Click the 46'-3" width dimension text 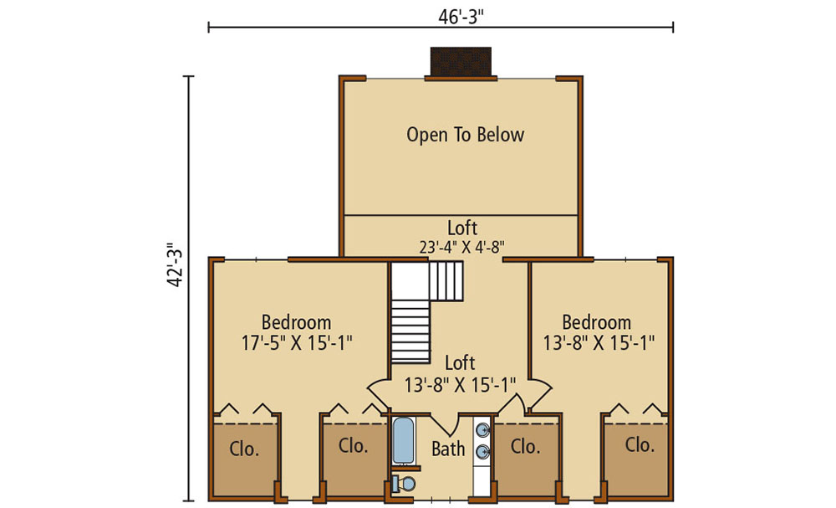(x=461, y=17)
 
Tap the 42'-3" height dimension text (x=175, y=265)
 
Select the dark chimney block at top (x=461, y=62)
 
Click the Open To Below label (x=466, y=135)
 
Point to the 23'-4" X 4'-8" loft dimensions (x=461, y=247)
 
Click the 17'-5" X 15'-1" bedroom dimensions (x=297, y=342)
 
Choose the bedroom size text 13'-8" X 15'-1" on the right (x=599, y=342)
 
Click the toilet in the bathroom (x=404, y=484)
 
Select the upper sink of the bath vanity (x=483, y=430)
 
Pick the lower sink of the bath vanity (x=483, y=452)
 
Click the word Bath (x=448, y=449)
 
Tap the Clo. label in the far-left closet (x=244, y=449)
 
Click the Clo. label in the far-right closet (x=640, y=444)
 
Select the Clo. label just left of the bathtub (x=354, y=445)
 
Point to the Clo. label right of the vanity (x=525, y=446)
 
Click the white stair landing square (x=410, y=280)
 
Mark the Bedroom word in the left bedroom (x=297, y=322)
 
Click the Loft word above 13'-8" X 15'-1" (x=460, y=363)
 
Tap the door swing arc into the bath (x=446, y=426)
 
